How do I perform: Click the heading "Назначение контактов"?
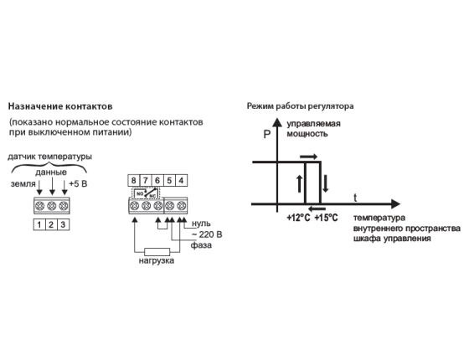coord(60,106)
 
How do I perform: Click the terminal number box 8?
coord(134,181)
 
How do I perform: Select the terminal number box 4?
coord(181,181)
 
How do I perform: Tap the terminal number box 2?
coord(51,225)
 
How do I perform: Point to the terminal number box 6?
coord(157,181)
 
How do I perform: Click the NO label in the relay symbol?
coord(140,193)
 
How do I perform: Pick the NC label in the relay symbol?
coord(152,195)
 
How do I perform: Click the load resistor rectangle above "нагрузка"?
coord(157,252)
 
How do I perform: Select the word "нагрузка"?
coord(157,260)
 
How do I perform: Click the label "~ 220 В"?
coord(207,234)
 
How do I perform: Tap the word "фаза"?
coord(201,245)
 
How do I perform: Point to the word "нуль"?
coord(201,224)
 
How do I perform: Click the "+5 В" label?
coord(78,183)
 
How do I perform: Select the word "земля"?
coord(23,183)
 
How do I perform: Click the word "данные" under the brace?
coord(51,172)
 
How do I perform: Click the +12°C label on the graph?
coord(298,218)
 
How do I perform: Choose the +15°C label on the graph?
coord(326,218)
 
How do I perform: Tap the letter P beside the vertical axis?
coord(267,135)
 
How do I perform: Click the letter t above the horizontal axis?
coord(355,198)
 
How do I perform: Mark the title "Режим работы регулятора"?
coord(301,106)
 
